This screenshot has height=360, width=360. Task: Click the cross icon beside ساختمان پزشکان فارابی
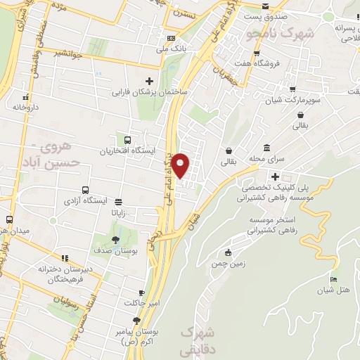point(148,81)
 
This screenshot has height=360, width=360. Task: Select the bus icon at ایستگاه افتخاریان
point(127,140)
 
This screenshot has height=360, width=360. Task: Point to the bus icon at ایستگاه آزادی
point(85,190)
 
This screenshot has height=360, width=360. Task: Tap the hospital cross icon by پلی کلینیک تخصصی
point(275,176)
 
